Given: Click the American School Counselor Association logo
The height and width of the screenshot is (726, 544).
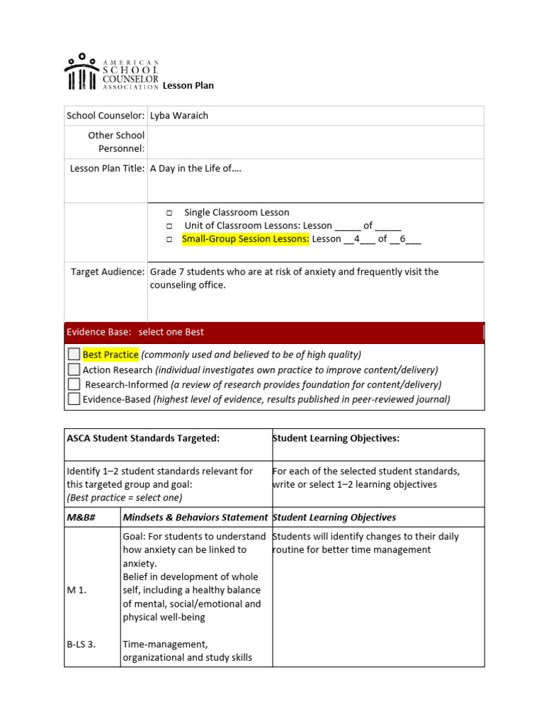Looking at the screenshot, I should (x=111, y=72).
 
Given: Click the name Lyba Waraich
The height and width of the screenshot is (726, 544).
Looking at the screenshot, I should (x=178, y=116).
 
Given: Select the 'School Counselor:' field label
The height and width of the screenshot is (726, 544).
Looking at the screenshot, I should (x=106, y=116).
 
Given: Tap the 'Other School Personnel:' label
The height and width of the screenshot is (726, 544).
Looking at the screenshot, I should (x=116, y=142).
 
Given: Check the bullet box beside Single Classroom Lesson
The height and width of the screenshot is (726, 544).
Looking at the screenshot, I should (x=170, y=213).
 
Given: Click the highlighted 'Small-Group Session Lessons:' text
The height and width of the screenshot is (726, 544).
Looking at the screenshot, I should (x=246, y=239).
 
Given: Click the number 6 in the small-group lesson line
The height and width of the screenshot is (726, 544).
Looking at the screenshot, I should (x=403, y=239).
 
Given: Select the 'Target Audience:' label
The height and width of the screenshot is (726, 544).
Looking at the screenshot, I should (x=108, y=272).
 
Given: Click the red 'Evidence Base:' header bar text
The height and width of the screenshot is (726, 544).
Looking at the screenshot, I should (x=135, y=332).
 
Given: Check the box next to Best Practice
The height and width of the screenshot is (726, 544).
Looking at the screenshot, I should (x=74, y=354).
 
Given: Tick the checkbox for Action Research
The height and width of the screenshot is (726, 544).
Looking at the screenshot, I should (x=74, y=369).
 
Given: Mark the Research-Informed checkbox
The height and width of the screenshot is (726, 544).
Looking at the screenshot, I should (x=74, y=384).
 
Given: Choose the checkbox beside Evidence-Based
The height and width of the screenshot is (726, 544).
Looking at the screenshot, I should (x=74, y=399).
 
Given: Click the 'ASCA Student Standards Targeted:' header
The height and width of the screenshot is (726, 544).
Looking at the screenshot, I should (x=143, y=438).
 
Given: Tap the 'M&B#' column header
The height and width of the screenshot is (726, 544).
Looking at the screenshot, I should (x=81, y=518).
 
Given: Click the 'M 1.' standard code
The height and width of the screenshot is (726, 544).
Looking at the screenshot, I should (x=76, y=590).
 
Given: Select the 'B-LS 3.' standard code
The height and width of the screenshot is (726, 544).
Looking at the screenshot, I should (x=81, y=644).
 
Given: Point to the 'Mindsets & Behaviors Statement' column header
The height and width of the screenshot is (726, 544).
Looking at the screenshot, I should (x=195, y=518).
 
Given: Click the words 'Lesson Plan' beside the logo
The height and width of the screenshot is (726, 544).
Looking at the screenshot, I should (x=188, y=86).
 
